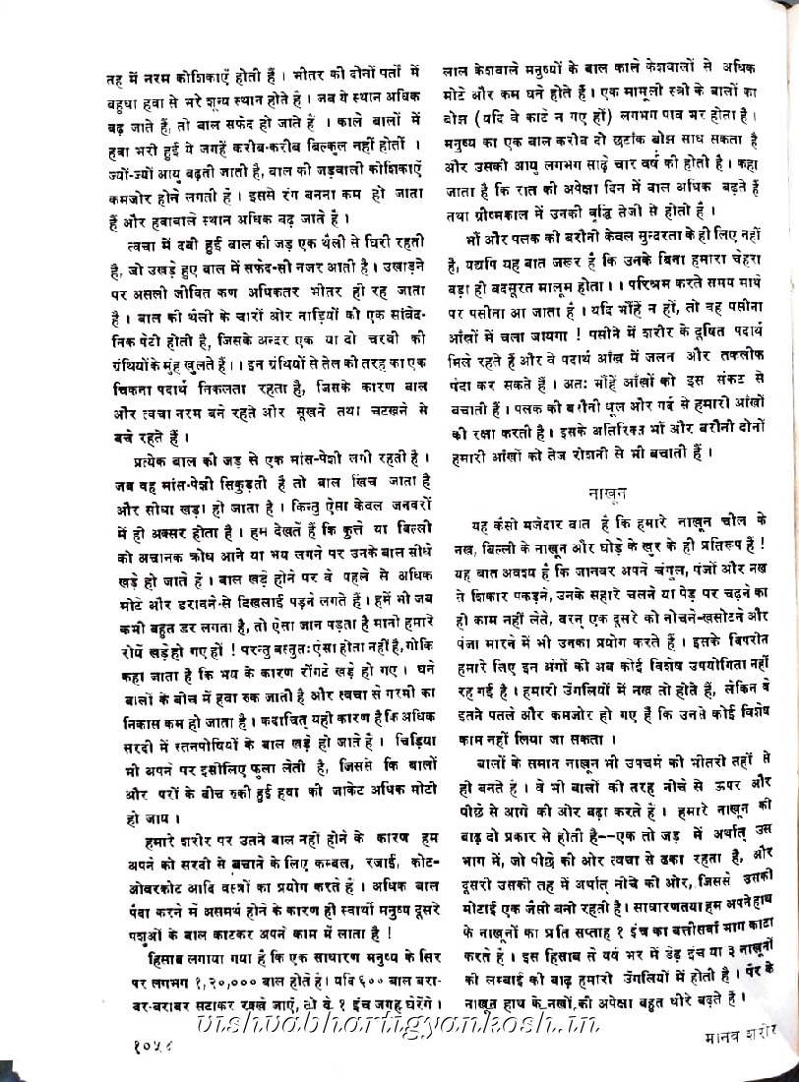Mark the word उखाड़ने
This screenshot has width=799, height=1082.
[x=401, y=268]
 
